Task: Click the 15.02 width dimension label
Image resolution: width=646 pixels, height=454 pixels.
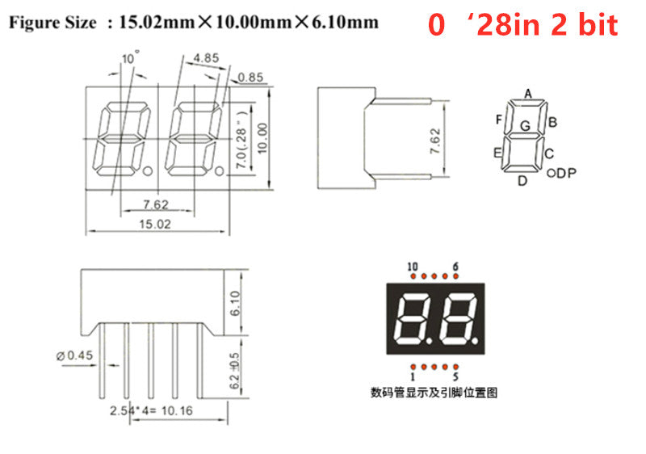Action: click(155, 224)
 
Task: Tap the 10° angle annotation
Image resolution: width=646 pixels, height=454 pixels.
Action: click(130, 57)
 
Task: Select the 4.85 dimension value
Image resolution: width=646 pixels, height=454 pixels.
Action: click(206, 58)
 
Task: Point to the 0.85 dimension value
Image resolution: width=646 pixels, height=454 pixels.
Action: click(250, 78)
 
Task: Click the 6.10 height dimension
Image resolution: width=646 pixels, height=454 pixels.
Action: click(235, 303)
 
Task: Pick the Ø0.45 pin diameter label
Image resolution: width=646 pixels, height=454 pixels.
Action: click(74, 355)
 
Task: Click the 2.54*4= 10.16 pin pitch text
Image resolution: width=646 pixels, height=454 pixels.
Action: click(151, 410)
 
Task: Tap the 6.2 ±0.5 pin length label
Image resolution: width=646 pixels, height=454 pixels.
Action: click(234, 371)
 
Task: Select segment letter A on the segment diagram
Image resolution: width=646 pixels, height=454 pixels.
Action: click(528, 94)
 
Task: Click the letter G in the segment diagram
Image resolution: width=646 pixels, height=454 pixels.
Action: click(525, 126)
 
